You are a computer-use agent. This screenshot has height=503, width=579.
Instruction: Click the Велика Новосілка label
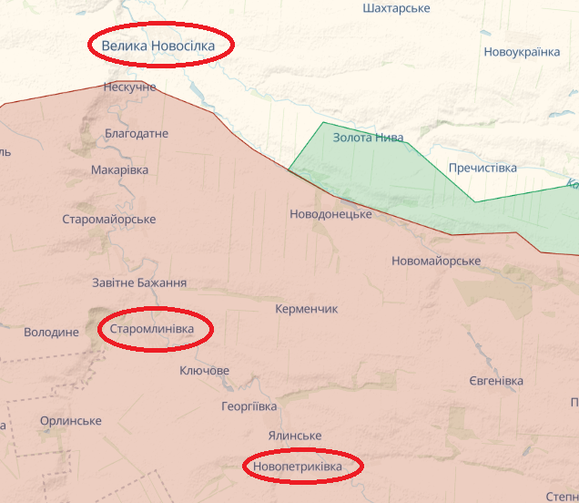(158, 46)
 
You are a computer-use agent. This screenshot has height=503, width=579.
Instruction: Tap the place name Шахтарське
(396, 8)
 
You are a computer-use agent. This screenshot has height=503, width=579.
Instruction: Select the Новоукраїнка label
(522, 52)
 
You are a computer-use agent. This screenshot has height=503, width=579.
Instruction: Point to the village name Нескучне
(130, 87)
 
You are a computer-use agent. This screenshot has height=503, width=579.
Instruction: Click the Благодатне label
(137, 134)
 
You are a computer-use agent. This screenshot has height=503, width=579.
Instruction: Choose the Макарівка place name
(120, 169)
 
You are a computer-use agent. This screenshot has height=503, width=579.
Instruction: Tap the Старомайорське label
(109, 220)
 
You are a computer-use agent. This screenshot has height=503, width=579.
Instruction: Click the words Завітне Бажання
(139, 283)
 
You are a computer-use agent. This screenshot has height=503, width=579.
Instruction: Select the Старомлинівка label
(152, 328)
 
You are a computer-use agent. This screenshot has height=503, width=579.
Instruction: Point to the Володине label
(51, 333)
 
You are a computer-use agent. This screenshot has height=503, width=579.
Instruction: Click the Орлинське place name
(71, 421)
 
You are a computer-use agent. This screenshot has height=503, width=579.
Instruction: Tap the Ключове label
(205, 371)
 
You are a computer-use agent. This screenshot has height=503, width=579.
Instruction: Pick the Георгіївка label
(249, 406)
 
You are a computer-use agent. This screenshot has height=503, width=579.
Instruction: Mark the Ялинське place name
(295, 436)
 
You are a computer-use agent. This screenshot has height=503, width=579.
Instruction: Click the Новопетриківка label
(299, 467)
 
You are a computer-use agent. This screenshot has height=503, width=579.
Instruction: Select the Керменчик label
(307, 309)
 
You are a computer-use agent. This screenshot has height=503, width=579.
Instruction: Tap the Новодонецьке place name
(330, 214)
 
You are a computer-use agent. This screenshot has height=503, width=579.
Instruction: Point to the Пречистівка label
(482, 169)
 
